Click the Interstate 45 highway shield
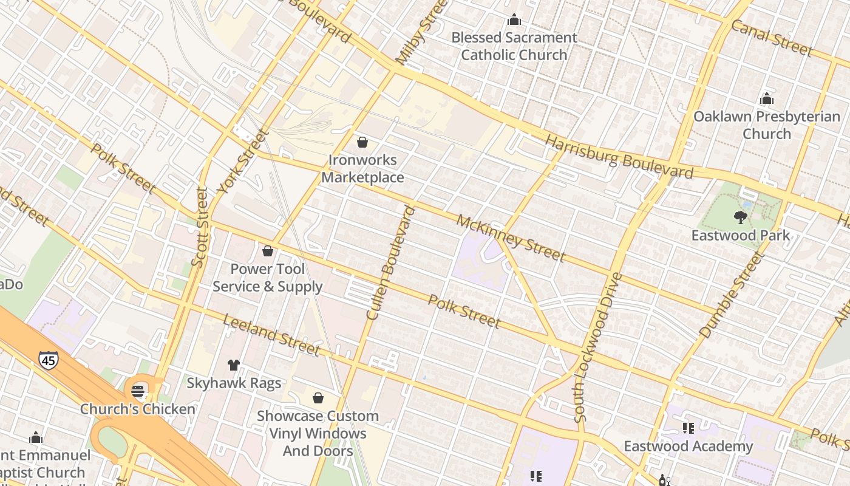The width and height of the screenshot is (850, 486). pos(49,360)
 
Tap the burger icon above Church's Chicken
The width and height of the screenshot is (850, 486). pos(139,391)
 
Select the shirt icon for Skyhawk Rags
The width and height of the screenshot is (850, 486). pos(234,364)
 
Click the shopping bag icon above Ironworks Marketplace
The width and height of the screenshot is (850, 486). pos(362,142)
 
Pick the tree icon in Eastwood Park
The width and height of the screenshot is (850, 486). pos(740,217)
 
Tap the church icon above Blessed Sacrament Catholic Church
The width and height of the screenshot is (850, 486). pos(514,19)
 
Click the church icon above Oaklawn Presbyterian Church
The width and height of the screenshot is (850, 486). pos(767,98)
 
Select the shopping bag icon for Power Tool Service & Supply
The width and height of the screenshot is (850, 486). pos(268,250)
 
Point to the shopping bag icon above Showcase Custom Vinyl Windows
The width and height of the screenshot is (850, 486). pos(318,398)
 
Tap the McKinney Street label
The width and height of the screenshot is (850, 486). pos(511,238)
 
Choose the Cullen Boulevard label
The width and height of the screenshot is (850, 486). pos(390,263)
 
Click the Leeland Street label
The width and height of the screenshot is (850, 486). pos(271,335)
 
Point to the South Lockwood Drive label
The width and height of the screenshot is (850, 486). pos(597,347)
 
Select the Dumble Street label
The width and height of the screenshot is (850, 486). pos(730,296)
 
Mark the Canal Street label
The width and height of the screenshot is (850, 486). pos(771,38)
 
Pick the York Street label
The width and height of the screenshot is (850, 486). pos(243,161)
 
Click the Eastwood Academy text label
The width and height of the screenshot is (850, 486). pos(688,447)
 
